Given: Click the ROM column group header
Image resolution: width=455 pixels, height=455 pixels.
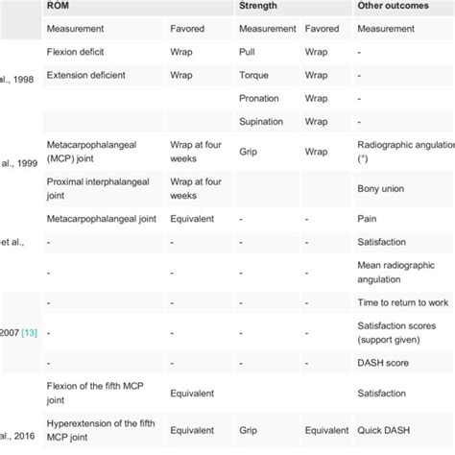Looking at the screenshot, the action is pos(59,8).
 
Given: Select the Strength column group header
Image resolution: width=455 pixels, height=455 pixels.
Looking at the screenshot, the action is pos(258,8).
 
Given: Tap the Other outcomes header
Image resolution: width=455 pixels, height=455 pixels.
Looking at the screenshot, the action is pos(389,8).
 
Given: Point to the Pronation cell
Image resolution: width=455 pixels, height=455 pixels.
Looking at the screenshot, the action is pos(259,99).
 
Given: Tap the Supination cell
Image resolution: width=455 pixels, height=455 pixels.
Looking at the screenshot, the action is pos(261,123).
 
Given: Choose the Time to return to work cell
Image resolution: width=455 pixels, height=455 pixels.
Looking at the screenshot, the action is pos(401,302).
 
